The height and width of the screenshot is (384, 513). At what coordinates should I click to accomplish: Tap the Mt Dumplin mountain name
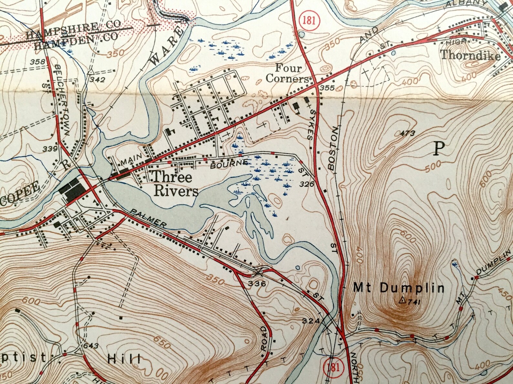pyautogui.click(x=399, y=288)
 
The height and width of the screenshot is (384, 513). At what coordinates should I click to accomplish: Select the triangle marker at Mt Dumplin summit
pyautogui.click(x=402, y=300)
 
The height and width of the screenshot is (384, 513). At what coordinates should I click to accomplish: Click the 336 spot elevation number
pyautogui.click(x=257, y=284)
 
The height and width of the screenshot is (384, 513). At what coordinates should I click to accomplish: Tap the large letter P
pyautogui.click(x=438, y=149)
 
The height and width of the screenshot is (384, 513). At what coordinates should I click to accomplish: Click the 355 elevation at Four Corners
pyautogui.click(x=326, y=88)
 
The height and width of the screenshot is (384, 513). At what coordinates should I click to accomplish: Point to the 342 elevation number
pyautogui.click(x=98, y=79)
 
